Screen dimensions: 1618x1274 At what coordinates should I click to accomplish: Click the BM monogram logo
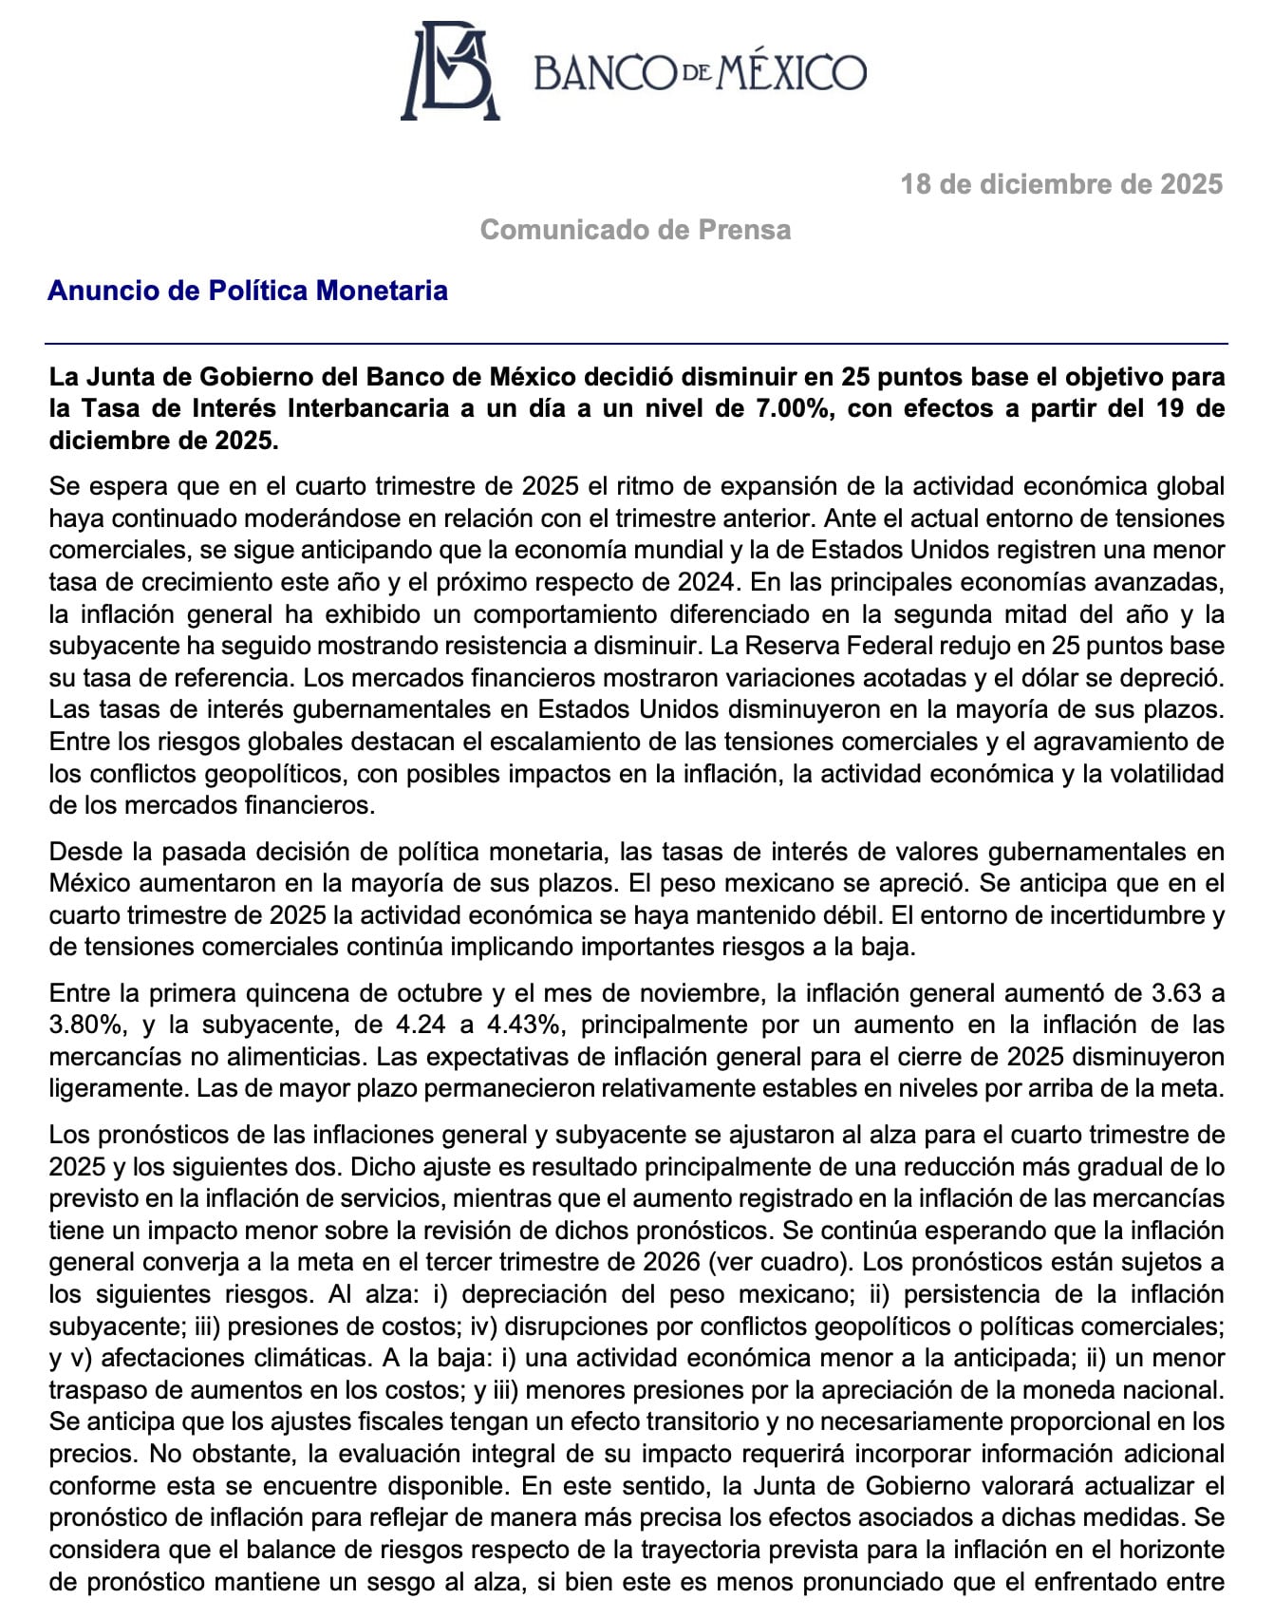[x=450, y=71]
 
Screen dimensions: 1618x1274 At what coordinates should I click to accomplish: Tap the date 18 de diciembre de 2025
[x=1060, y=183]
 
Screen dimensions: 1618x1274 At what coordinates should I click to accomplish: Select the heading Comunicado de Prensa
[x=635, y=230]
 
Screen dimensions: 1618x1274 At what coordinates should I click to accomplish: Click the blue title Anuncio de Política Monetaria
[x=247, y=290]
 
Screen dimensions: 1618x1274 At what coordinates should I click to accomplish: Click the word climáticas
[x=290, y=1358]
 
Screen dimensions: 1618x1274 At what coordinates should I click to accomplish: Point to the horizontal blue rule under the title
[x=636, y=343]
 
